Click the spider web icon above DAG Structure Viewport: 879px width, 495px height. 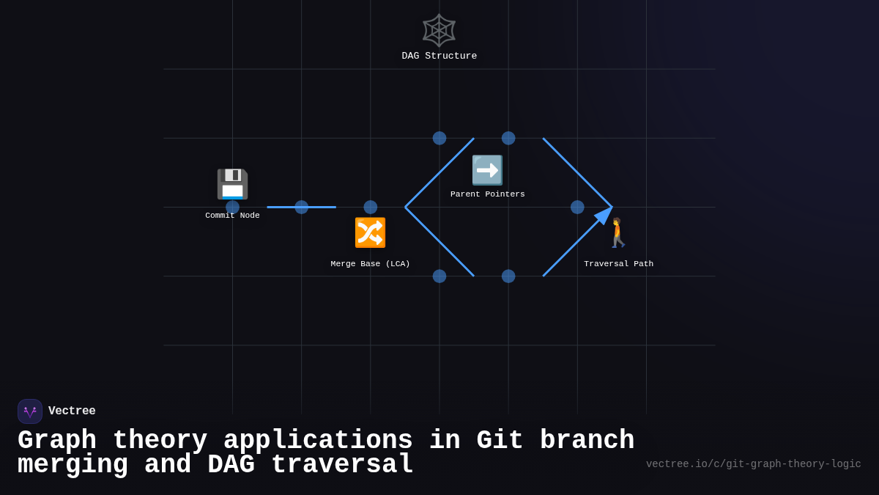[x=439, y=30]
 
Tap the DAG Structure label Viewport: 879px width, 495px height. [x=439, y=56]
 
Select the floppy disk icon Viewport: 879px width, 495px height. [x=232, y=184]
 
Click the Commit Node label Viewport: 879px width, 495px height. [x=232, y=216]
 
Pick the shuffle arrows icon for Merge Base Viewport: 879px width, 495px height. [x=370, y=232]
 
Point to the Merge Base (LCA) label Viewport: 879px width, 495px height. [x=370, y=264]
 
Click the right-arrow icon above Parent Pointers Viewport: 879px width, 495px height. [x=487, y=170]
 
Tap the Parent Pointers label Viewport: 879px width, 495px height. [x=487, y=194]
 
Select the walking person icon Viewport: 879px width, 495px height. [x=618, y=232]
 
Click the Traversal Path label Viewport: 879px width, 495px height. [x=618, y=264]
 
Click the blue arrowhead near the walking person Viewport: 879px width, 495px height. [x=604, y=215]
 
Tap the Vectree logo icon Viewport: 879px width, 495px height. [x=30, y=411]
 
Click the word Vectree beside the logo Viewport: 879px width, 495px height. [x=72, y=411]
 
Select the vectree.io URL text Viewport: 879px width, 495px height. [x=753, y=464]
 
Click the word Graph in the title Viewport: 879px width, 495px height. [x=56, y=441]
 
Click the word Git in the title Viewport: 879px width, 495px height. [x=500, y=441]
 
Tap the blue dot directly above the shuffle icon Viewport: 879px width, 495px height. [x=370, y=208]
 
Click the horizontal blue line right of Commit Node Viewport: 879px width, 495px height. [x=301, y=208]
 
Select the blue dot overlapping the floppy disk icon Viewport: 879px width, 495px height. [x=232, y=208]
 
